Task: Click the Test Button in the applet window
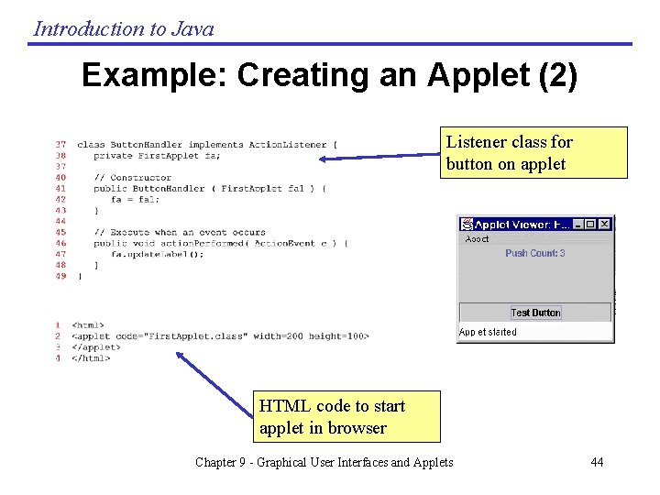pyautogui.click(x=535, y=313)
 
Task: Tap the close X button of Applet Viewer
pyautogui.click(x=604, y=224)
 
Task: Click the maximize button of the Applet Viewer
pyautogui.click(x=590, y=224)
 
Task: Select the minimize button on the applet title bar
pyautogui.click(x=577, y=224)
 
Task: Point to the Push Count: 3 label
pyautogui.click(x=534, y=253)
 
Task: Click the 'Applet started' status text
pyautogui.click(x=488, y=332)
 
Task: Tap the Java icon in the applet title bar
pyautogui.click(x=467, y=224)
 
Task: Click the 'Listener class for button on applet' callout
pyautogui.click(x=533, y=153)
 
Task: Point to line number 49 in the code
pyautogui.click(x=60, y=276)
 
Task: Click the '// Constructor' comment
pyautogui.click(x=132, y=178)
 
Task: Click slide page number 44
pyautogui.click(x=597, y=462)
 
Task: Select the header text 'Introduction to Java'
pyautogui.click(x=124, y=28)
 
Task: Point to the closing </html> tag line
pyautogui.click(x=91, y=358)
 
